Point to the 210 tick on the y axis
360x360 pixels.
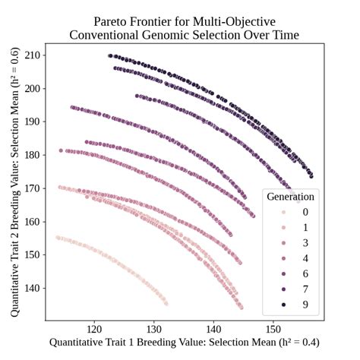[x=33, y=55]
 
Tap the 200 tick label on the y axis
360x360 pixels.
[x=33, y=88]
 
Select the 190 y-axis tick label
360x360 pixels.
[x=33, y=122]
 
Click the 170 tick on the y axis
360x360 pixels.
[x=33, y=188]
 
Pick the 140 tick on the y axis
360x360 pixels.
[x=33, y=288]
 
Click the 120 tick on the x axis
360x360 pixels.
[x=95, y=328]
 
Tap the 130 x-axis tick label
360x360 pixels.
[x=154, y=328]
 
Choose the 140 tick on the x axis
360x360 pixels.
[x=213, y=328]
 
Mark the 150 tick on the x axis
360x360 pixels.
[x=273, y=328]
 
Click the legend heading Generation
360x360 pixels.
[x=290, y=197]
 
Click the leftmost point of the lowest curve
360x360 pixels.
[x=58, y=238]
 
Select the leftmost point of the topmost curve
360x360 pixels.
[x=110, y=55]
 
